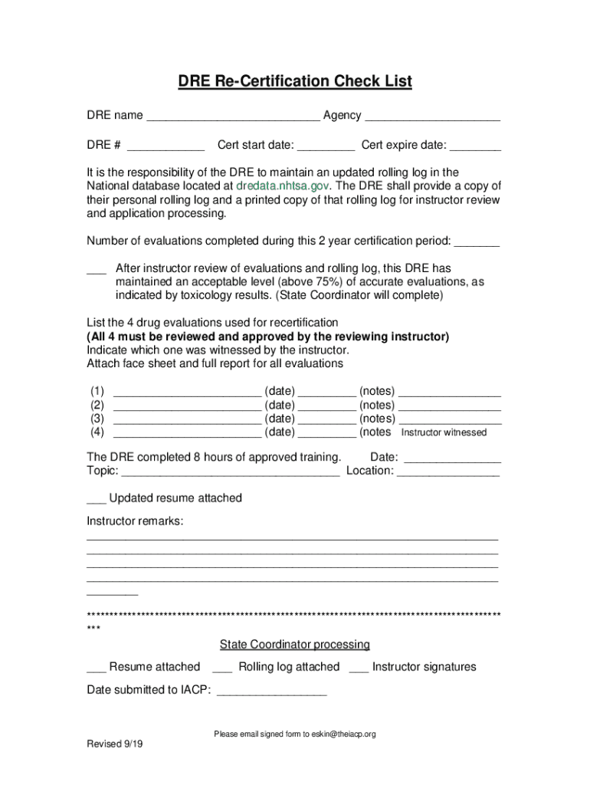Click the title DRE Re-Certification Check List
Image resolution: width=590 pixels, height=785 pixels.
(x=295, y=81)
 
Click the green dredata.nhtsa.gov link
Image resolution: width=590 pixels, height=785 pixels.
(x=283, y=186)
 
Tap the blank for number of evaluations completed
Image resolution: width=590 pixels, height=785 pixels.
(x=477, y=242)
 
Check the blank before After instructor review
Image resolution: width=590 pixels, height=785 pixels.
(x=96, y=270)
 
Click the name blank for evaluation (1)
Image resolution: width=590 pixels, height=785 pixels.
(x=187, y=392)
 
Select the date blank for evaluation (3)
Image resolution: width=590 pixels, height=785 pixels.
(x=326, y=420)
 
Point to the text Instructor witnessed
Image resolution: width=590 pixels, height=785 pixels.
(x=444, y=432)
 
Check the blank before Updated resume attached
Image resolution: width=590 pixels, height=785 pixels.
(x=96, y=500)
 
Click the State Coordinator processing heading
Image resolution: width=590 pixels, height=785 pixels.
(x=295, y=645)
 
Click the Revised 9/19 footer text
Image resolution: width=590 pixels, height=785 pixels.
(x=114, y=744)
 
